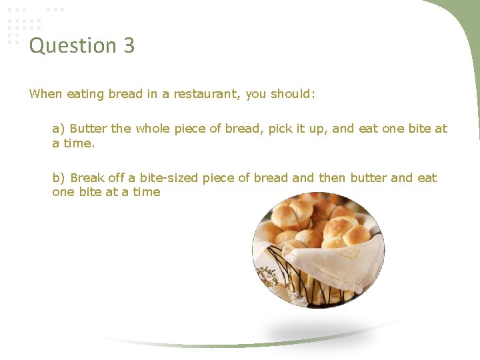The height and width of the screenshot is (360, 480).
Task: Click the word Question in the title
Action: pos(73,46)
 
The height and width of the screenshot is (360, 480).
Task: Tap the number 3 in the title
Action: pos(129,45)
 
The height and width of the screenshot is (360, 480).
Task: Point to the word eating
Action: pos(86,93)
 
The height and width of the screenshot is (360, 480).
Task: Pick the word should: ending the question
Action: pos(293,93)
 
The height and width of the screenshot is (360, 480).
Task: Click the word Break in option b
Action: pos(87,178)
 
